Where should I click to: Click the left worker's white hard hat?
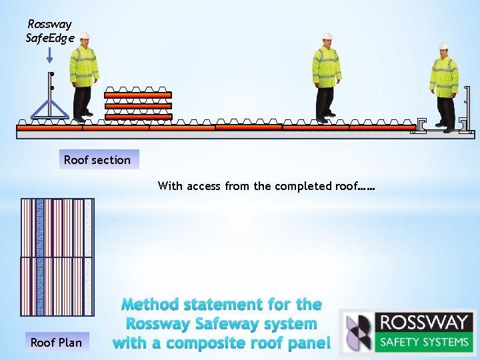(x=85, y=36)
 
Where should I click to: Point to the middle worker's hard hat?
(x=327, y=37)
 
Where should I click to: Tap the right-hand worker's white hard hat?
(x=443, y=46)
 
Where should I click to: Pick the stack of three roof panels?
(x=138, y=105)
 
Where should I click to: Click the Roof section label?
(x=97, y=159)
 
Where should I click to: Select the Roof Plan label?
(x=56, y=343)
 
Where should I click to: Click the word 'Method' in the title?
(x=154, y=305)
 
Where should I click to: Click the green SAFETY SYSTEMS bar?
(x=423, y=342)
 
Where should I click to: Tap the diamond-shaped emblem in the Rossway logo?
(x=358, y=331)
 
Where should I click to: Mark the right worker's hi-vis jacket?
(x=444, y=75)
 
